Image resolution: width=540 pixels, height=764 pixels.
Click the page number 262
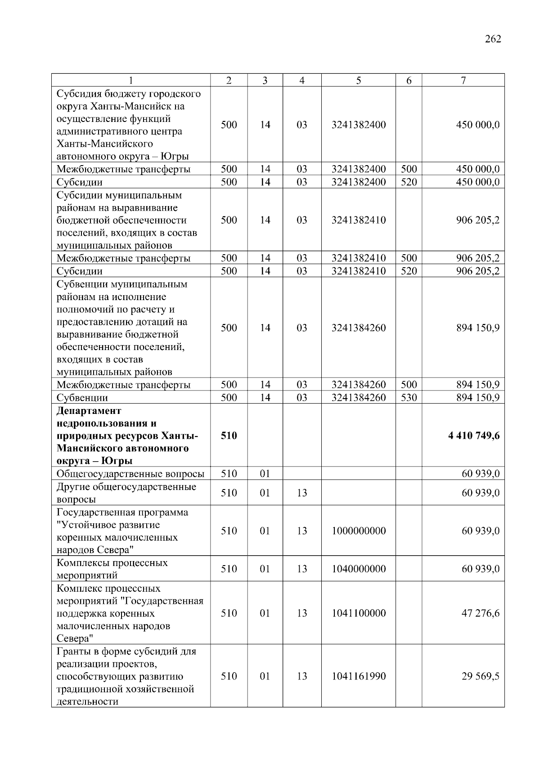tap(493, 39)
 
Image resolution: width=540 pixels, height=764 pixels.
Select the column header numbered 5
tap(358, 81)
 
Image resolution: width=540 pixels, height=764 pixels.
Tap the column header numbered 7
tap(463, 81)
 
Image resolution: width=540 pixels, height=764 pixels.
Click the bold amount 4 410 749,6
tap(474, 436)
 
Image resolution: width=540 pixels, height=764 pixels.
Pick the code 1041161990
tap(358, 676)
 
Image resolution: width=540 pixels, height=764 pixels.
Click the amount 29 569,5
tap(480, 676)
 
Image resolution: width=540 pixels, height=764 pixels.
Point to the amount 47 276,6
tap(480, 613)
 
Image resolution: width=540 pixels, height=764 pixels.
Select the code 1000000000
tap(358, 531)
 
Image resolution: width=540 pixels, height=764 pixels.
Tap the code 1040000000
tap(358, 569)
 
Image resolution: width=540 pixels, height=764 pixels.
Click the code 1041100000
tap(358, 613)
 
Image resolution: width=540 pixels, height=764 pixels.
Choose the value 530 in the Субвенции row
tap(409, 398)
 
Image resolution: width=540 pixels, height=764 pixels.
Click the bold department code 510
tap(229, 436)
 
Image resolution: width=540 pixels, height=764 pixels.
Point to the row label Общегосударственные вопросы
tap(130, 474)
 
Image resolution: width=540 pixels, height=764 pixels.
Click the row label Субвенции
tap(82, 398)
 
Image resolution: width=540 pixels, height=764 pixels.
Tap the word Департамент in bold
tap(89, 411)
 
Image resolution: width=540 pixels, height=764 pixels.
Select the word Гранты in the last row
tap(72, 652)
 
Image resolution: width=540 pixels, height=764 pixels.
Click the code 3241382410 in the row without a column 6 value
tap(358, 220)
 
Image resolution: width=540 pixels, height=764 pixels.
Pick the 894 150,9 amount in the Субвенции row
tap(477, 398)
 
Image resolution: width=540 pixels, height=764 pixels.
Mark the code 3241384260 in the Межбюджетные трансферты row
tap(358, 385)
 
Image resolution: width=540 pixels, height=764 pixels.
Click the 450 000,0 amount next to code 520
tap(477, 182)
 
